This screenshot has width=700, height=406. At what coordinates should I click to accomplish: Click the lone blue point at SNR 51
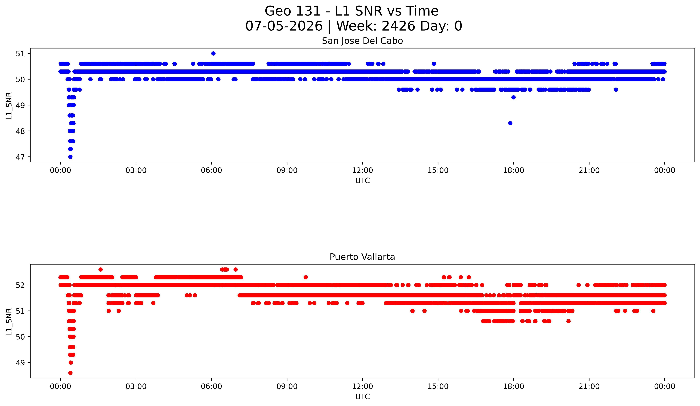(213, 53)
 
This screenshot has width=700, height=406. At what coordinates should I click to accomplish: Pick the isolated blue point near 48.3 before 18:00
(510, 123)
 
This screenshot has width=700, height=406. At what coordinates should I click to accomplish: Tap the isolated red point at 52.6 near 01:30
(101, 269)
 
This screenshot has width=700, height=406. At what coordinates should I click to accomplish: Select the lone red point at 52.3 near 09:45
(306, 277)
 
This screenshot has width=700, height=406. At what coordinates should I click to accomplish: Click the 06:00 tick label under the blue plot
(211, 170)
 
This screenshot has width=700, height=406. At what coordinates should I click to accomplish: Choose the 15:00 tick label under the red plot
(438, 386)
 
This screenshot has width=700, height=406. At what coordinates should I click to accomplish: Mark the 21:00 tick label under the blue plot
(589, 170)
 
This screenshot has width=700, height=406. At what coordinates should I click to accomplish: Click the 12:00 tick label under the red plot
(363, 386)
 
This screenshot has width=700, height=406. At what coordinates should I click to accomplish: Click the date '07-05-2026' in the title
(284, 26)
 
